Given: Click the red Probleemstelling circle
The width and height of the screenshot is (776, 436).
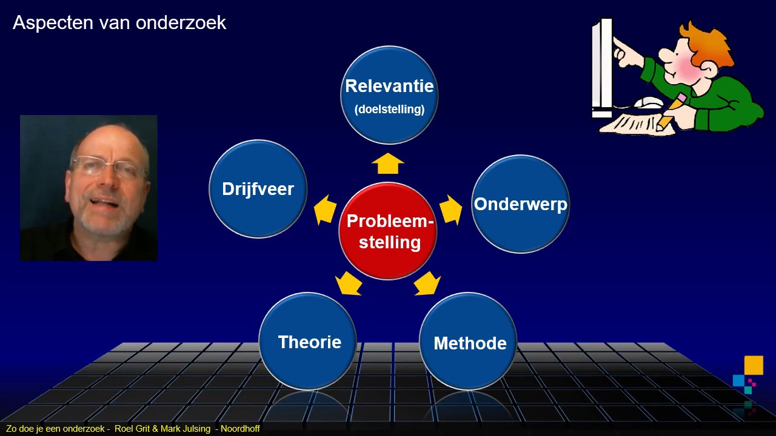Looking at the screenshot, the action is coord(387,231).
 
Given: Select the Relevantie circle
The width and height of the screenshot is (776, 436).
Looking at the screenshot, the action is coord(389,95).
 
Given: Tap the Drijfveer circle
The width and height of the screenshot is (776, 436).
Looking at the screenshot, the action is coord(258,189).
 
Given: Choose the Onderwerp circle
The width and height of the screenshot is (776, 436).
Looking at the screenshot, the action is coord(520,204).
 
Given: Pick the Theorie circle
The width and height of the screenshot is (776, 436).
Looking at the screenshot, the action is coord(308,342).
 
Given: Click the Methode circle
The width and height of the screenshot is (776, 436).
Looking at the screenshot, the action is coord(469,342).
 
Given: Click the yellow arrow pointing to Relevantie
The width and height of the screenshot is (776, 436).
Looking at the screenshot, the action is coord(387,163).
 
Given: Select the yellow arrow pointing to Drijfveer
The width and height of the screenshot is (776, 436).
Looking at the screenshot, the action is coord(325,210).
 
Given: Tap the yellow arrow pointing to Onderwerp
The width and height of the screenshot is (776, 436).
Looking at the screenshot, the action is coord(450,210).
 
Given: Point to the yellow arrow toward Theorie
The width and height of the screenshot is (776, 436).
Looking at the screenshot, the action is coord(349,283).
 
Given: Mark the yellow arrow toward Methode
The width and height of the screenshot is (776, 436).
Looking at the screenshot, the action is coord(427,283).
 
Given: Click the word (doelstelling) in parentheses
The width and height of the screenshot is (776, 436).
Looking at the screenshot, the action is coord(389,110).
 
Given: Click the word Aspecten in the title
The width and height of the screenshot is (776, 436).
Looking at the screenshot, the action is coord(53,23).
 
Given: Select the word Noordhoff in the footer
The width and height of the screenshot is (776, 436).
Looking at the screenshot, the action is coord(240,429).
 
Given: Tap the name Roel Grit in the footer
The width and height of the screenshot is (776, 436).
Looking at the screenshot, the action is coord(132,429).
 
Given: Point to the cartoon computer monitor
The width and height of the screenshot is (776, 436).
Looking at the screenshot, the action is coord(602,68).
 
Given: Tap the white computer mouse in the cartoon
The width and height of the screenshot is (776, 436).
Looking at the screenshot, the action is coord(649,103).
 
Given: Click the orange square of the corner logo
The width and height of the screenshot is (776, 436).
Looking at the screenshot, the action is coord(754,365).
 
